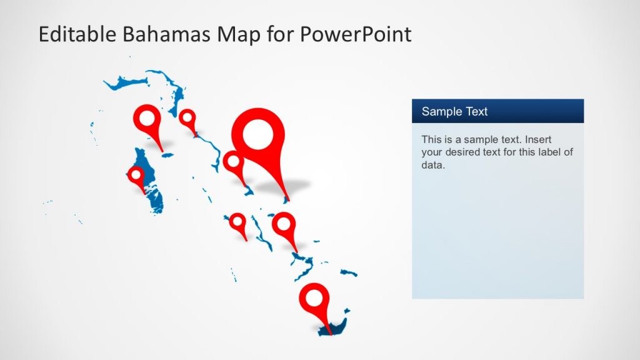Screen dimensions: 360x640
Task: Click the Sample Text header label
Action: (454, 112)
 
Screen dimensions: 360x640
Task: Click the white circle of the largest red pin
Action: (257, 134)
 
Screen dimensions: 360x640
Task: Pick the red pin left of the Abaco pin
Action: (147, 119)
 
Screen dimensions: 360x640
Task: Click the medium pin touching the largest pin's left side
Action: (233, 162)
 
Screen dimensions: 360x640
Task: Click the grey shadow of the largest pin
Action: (291, 186)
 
